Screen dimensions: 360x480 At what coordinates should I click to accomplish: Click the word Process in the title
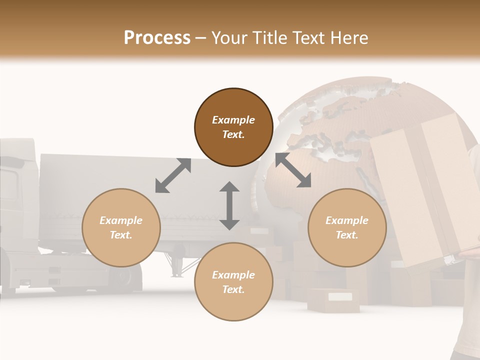tap(157, 38)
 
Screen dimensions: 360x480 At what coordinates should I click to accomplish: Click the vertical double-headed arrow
tap(229, 205)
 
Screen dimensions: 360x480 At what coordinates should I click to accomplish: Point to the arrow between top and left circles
tap(173, 175)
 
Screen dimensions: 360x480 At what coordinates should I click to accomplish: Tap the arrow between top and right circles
tap(293, 170)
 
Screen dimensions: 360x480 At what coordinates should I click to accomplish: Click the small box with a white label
tap(334, 299)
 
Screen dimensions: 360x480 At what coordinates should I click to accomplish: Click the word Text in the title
tap(310, 38)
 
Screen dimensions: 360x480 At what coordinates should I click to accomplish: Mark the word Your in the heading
tap(228, 38)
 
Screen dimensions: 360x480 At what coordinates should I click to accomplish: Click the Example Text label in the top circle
tap(233, 127)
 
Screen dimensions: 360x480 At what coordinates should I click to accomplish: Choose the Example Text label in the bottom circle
tap(233, 282)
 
